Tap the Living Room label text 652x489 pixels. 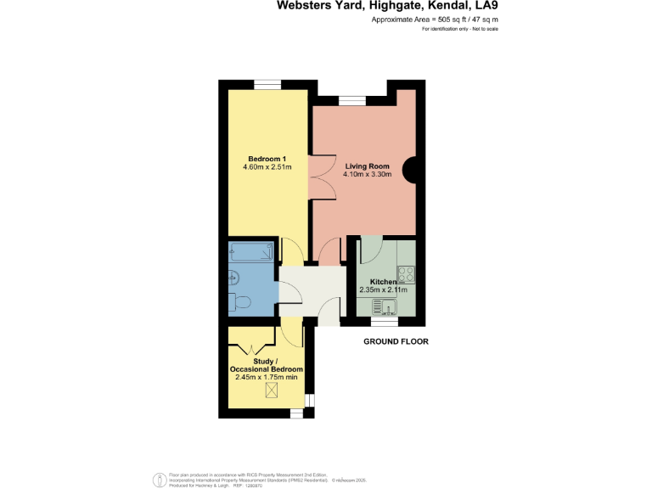point(367,166)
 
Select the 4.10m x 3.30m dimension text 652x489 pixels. point(367,175)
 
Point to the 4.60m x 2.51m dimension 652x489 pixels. point(267,167)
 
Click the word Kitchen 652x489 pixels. point(384,282)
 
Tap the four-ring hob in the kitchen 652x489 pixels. point(406,274)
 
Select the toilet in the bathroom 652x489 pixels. point(239,302)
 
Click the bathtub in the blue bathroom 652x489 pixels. point(251,252)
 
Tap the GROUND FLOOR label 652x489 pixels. point(396,342)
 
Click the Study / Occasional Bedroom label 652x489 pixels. point(267,366)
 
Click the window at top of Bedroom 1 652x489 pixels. point(267,83)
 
